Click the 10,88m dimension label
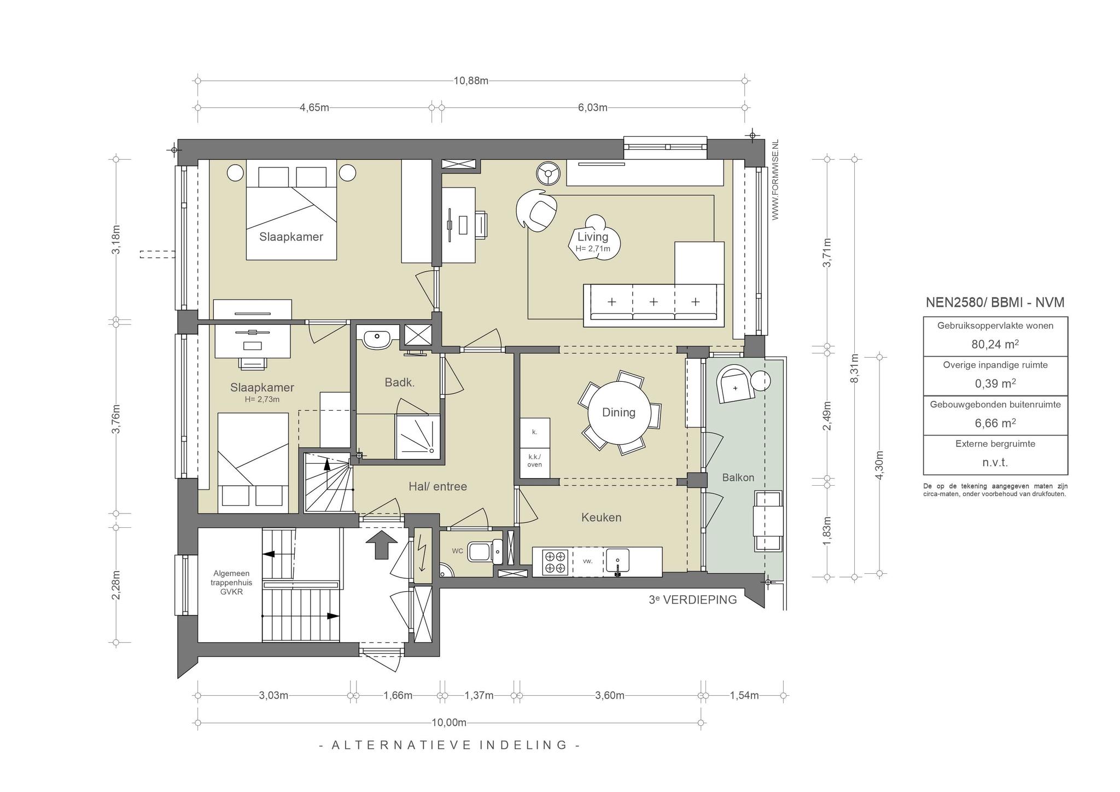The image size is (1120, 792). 471,81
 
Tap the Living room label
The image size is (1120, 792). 593,237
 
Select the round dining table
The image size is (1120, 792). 619,412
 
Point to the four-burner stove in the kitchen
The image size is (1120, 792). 556,562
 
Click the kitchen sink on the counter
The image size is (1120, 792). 617,562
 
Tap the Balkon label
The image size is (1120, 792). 738,477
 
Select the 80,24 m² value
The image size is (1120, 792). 995,344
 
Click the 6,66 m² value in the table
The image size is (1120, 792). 995,423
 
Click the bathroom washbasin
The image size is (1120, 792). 377,339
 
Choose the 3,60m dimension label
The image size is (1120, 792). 610,695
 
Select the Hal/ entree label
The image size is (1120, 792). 437,486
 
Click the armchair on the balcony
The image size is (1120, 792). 736,385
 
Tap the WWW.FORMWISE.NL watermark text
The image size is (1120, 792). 775,180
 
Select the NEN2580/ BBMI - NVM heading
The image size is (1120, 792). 995,302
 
